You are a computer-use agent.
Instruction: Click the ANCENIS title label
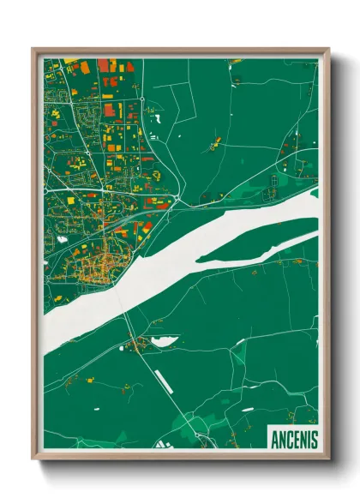click(293, 438)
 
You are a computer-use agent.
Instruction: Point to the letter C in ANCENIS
click(289, 439)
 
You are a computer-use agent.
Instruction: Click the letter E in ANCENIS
click(296, 439)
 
